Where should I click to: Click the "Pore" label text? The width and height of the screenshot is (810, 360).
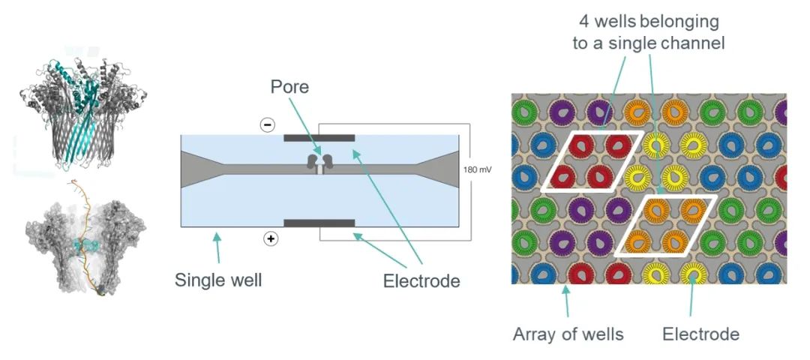289,88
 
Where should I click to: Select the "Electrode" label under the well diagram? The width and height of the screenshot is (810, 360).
421,281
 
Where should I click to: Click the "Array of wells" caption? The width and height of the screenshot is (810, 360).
568,334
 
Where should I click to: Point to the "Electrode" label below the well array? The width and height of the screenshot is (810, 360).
700,334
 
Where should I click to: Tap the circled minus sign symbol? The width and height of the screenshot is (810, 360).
267,125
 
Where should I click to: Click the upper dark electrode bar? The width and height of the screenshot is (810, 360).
319,139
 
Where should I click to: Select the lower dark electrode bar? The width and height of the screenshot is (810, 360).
319,223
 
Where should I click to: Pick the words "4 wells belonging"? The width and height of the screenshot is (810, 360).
648,21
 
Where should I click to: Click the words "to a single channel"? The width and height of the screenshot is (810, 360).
648,43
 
